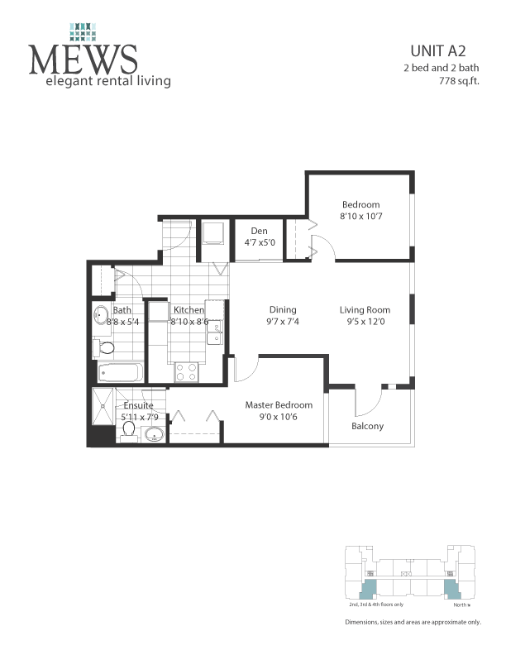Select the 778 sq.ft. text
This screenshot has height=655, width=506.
click(x=456, y=81)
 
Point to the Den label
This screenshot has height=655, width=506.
click(x=259, y=231)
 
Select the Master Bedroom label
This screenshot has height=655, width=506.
click(x=279, y=405)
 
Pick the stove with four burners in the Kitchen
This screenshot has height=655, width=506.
click(x=186, y=372)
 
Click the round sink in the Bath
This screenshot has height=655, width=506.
click(x=101, y=314)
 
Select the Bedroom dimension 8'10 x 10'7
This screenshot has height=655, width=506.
click(x=361, y=216)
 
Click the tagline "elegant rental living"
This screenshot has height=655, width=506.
click(x=107, y=81)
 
